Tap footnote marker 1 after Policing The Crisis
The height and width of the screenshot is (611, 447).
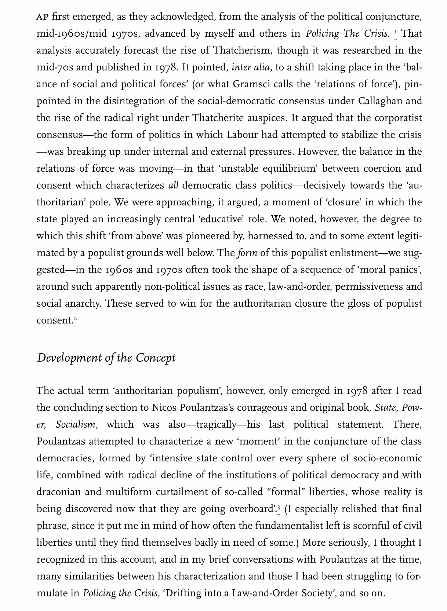[396, 33]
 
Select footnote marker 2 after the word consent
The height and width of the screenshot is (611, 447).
[75, 319]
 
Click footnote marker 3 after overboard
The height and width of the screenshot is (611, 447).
[279, 508]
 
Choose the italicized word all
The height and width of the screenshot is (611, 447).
[173, 185]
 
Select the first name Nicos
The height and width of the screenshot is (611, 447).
[163, 407]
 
